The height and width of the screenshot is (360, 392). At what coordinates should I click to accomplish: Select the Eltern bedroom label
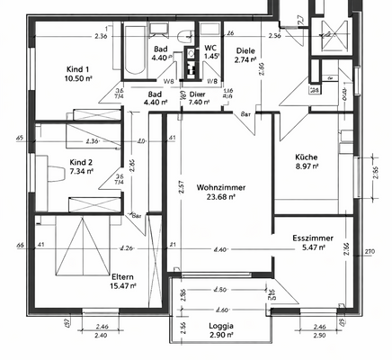click(x=122, y=276)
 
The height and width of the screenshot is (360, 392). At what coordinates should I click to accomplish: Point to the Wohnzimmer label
click(x=221, y=187)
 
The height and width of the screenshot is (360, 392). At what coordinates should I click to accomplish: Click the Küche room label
click(x=307, y=155)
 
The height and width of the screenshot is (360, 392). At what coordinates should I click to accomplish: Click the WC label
click(x=210, y=48)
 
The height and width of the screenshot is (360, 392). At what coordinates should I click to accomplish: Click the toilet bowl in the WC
click(x=187, y=35)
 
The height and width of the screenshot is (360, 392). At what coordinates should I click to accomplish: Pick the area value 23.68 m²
click(x=221, y=196)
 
